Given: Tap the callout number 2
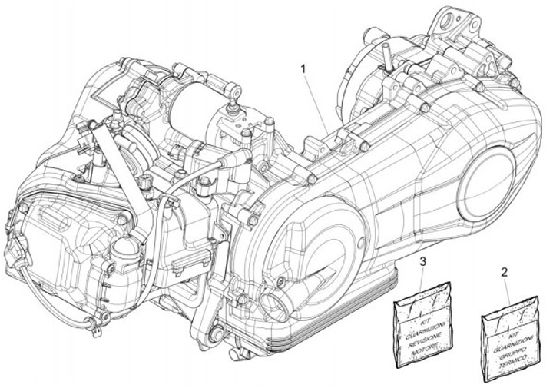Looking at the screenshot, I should pos(504,272).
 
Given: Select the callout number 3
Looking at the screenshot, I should pos(423,264).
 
